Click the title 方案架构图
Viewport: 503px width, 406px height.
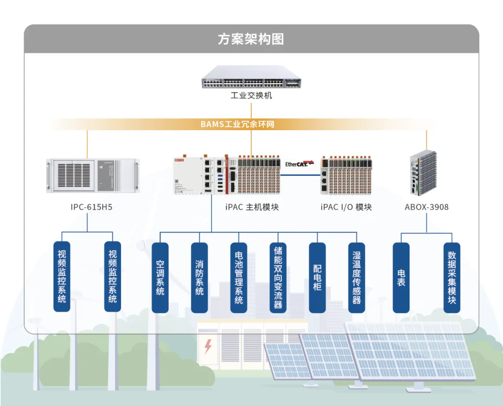(251, 39)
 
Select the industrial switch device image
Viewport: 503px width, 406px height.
(251, 77)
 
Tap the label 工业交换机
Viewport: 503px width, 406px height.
(251, 96)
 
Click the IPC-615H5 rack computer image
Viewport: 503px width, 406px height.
(93, 175)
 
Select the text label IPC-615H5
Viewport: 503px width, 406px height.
(91, 207)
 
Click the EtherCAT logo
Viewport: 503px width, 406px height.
(299, 163)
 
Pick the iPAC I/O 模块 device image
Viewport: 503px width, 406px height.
(346, 175)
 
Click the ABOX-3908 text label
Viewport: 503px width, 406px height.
(427, 207)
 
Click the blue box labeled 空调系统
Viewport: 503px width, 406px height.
(160, 277)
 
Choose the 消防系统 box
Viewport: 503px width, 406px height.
(199, 277)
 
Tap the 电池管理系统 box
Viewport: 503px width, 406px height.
(239, 277)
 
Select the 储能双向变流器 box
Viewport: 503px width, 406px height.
(278, 277)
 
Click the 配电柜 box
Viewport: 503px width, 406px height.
(317, 277)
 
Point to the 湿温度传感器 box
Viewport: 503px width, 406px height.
(357, 277)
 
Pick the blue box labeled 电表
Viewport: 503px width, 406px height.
(401, 277)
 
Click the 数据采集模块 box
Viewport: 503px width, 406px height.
(452, 277)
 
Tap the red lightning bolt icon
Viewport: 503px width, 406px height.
(208, 346)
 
